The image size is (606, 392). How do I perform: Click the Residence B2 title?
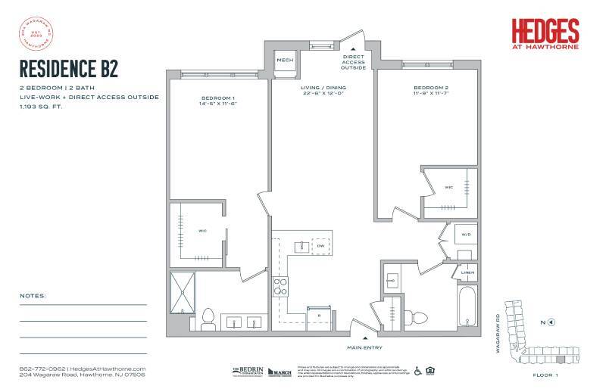(68, 69)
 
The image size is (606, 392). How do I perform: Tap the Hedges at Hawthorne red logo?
(545, 33)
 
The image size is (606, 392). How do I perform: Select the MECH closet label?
(285, 60)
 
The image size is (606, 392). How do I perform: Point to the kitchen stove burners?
(280, 286)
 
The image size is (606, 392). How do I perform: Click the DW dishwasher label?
(320, 247)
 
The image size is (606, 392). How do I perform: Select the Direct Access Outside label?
(354, 61)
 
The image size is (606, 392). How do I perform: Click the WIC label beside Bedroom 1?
(203, 231)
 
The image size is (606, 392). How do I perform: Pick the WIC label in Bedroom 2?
(448, 188)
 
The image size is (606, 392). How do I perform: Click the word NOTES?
(33, 296)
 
